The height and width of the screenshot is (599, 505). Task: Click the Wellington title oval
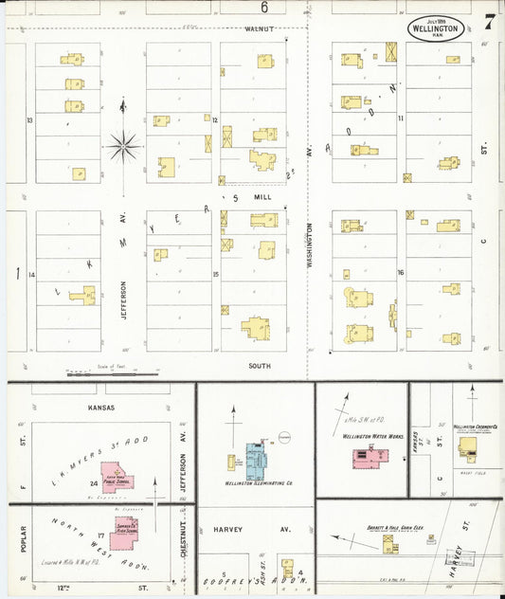(436, 27)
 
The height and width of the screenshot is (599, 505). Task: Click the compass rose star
(123, 146)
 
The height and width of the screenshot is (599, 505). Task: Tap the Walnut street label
(258, 28)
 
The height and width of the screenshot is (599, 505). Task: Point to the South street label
(259, 365)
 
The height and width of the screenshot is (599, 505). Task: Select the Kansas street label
(100, 408)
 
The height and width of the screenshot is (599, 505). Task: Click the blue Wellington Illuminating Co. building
(257, 459)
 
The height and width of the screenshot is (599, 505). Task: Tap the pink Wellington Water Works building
(366, 459)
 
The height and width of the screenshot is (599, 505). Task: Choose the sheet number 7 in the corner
(488, 21)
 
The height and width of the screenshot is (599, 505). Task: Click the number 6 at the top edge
(264, 8)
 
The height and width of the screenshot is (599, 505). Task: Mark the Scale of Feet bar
(99, 374)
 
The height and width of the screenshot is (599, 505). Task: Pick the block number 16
(402, 273)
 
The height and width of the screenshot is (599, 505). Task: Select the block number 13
(30, 120)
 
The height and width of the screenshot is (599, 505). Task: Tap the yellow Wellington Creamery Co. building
(467, 445)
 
